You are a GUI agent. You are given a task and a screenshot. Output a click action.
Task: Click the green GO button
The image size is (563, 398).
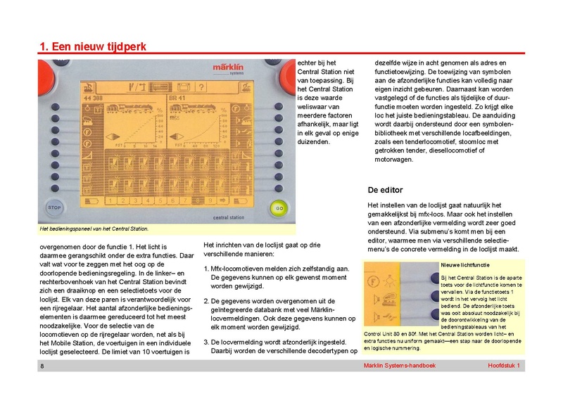coord(279,209)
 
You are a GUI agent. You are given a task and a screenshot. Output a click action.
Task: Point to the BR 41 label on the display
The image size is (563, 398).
coord(177,98)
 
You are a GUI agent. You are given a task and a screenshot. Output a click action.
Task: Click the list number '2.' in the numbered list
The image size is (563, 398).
coord(207,300)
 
